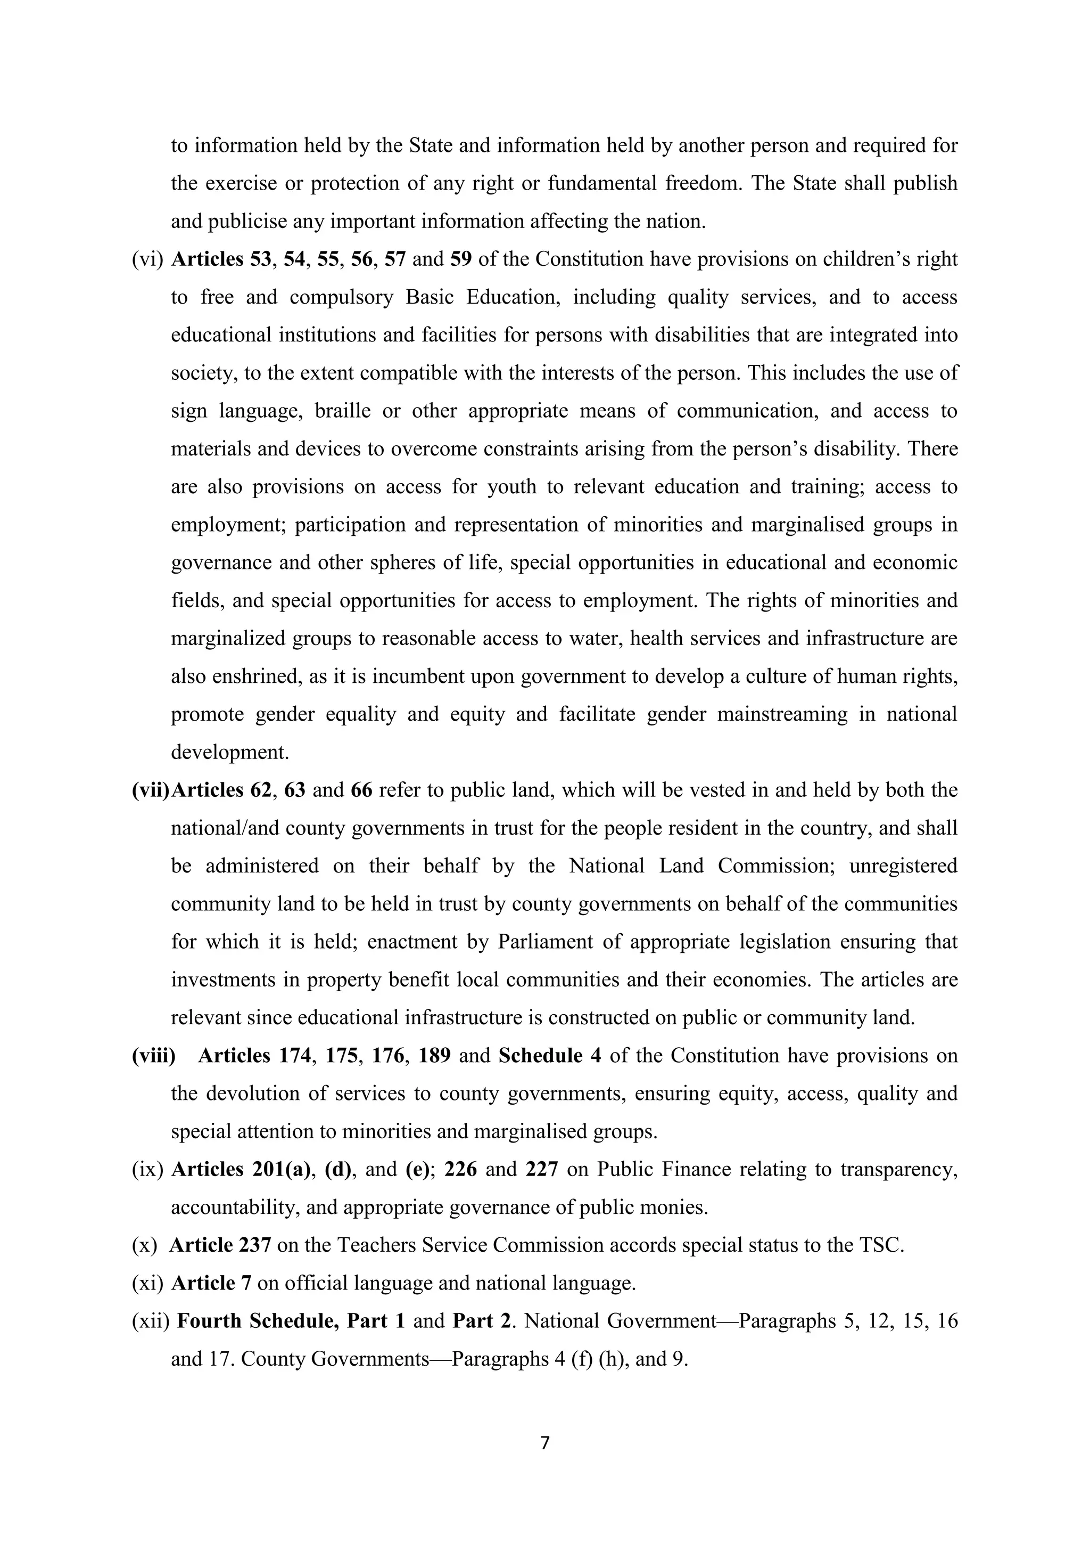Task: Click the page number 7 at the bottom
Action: click(544, 1442)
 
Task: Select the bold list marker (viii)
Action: click(154, 1056)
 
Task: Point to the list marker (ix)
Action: click(147, 1169)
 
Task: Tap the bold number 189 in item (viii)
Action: click(434, 1056)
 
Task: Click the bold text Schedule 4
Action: click(550, 1056)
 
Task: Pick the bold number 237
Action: click(255, 1245)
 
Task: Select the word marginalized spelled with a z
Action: click(228, 638)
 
